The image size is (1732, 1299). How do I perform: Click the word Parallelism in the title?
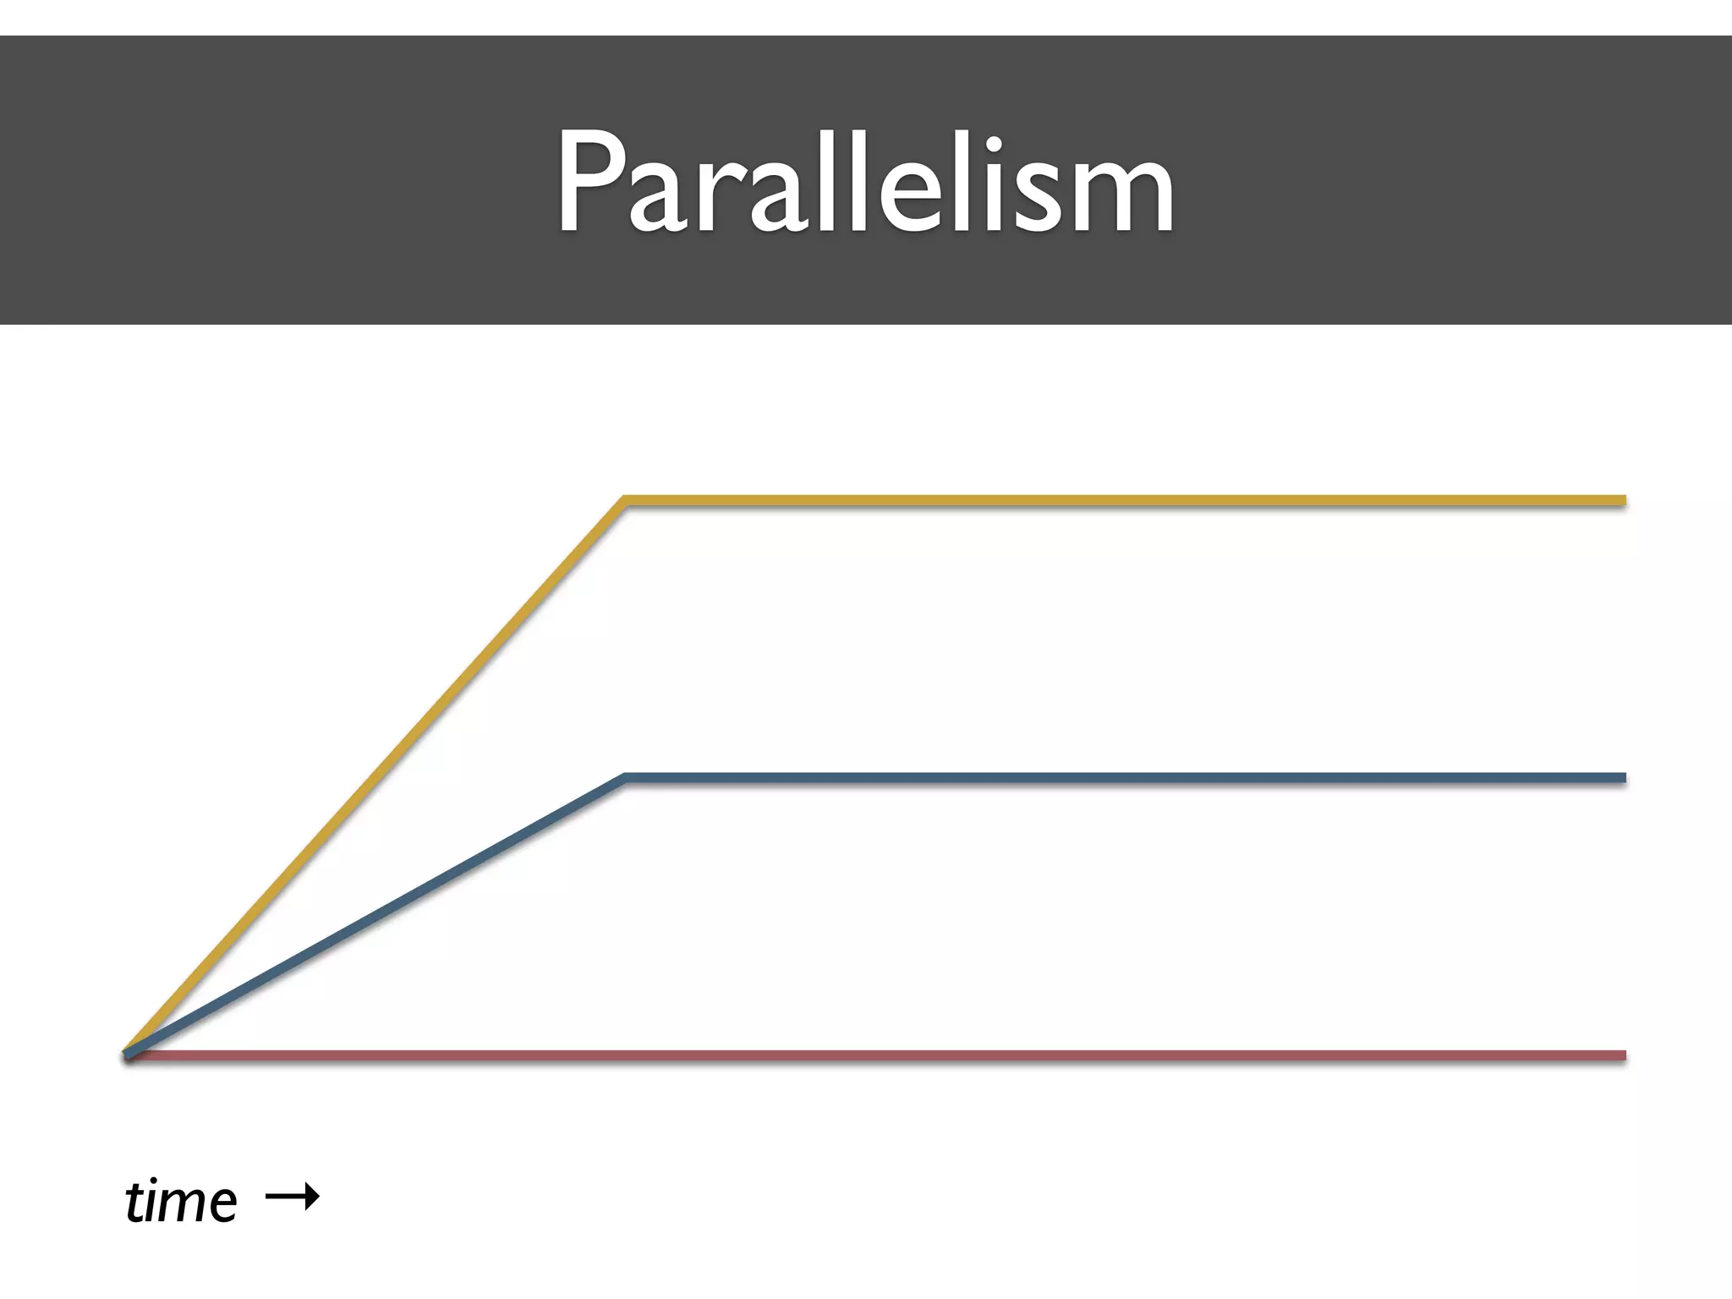pos(865,182)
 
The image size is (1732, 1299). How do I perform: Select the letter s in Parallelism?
pos(1038,199)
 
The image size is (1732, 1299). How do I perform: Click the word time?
pos(181,1201)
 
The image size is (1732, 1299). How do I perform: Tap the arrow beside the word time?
pos(292,1196)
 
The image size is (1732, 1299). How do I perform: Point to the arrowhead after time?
pos(313,1196)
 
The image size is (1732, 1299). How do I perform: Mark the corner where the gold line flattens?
pos(626,502)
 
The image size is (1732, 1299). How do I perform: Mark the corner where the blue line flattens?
pos(626,778)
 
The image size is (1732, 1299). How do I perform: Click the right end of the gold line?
pos(1622,502)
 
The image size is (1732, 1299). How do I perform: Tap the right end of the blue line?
pos(1622,778)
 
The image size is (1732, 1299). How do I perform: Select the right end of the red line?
pos(1622,1055)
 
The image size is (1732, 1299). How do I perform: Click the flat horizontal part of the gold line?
pos(1125,502)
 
